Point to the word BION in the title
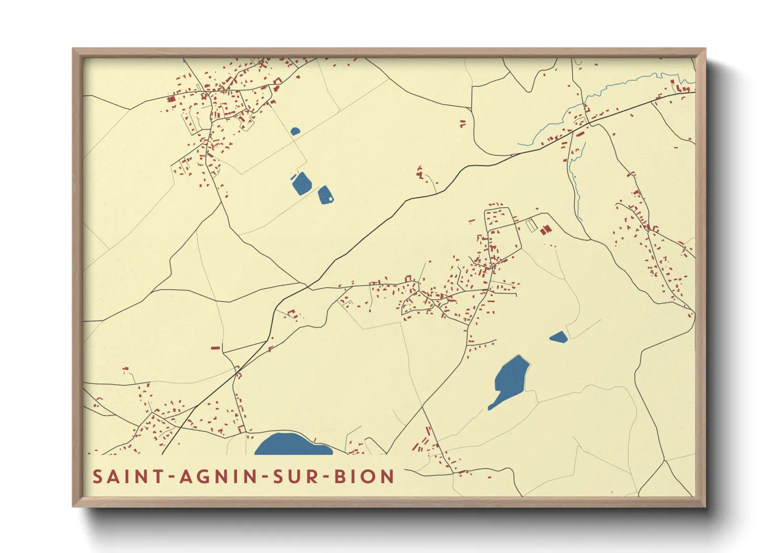364,477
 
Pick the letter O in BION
372,477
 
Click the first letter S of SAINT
97,477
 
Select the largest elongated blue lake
509,381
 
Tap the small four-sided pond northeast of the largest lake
559,337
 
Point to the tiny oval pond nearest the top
295,131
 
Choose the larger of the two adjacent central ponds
302,183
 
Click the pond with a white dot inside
325,194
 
